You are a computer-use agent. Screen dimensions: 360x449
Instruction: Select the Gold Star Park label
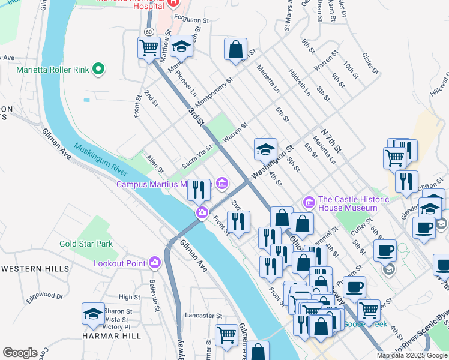86,244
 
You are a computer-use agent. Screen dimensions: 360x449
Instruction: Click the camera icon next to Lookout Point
155,262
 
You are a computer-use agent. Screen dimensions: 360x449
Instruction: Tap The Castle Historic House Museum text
348,203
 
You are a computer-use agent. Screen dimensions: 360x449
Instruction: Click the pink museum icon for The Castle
310,200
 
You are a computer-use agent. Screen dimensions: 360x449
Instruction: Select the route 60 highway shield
148,31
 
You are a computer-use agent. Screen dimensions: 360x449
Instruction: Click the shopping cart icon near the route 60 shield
149,47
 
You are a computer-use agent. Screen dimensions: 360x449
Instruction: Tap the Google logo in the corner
20,352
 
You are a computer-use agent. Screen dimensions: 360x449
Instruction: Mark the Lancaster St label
204,315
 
